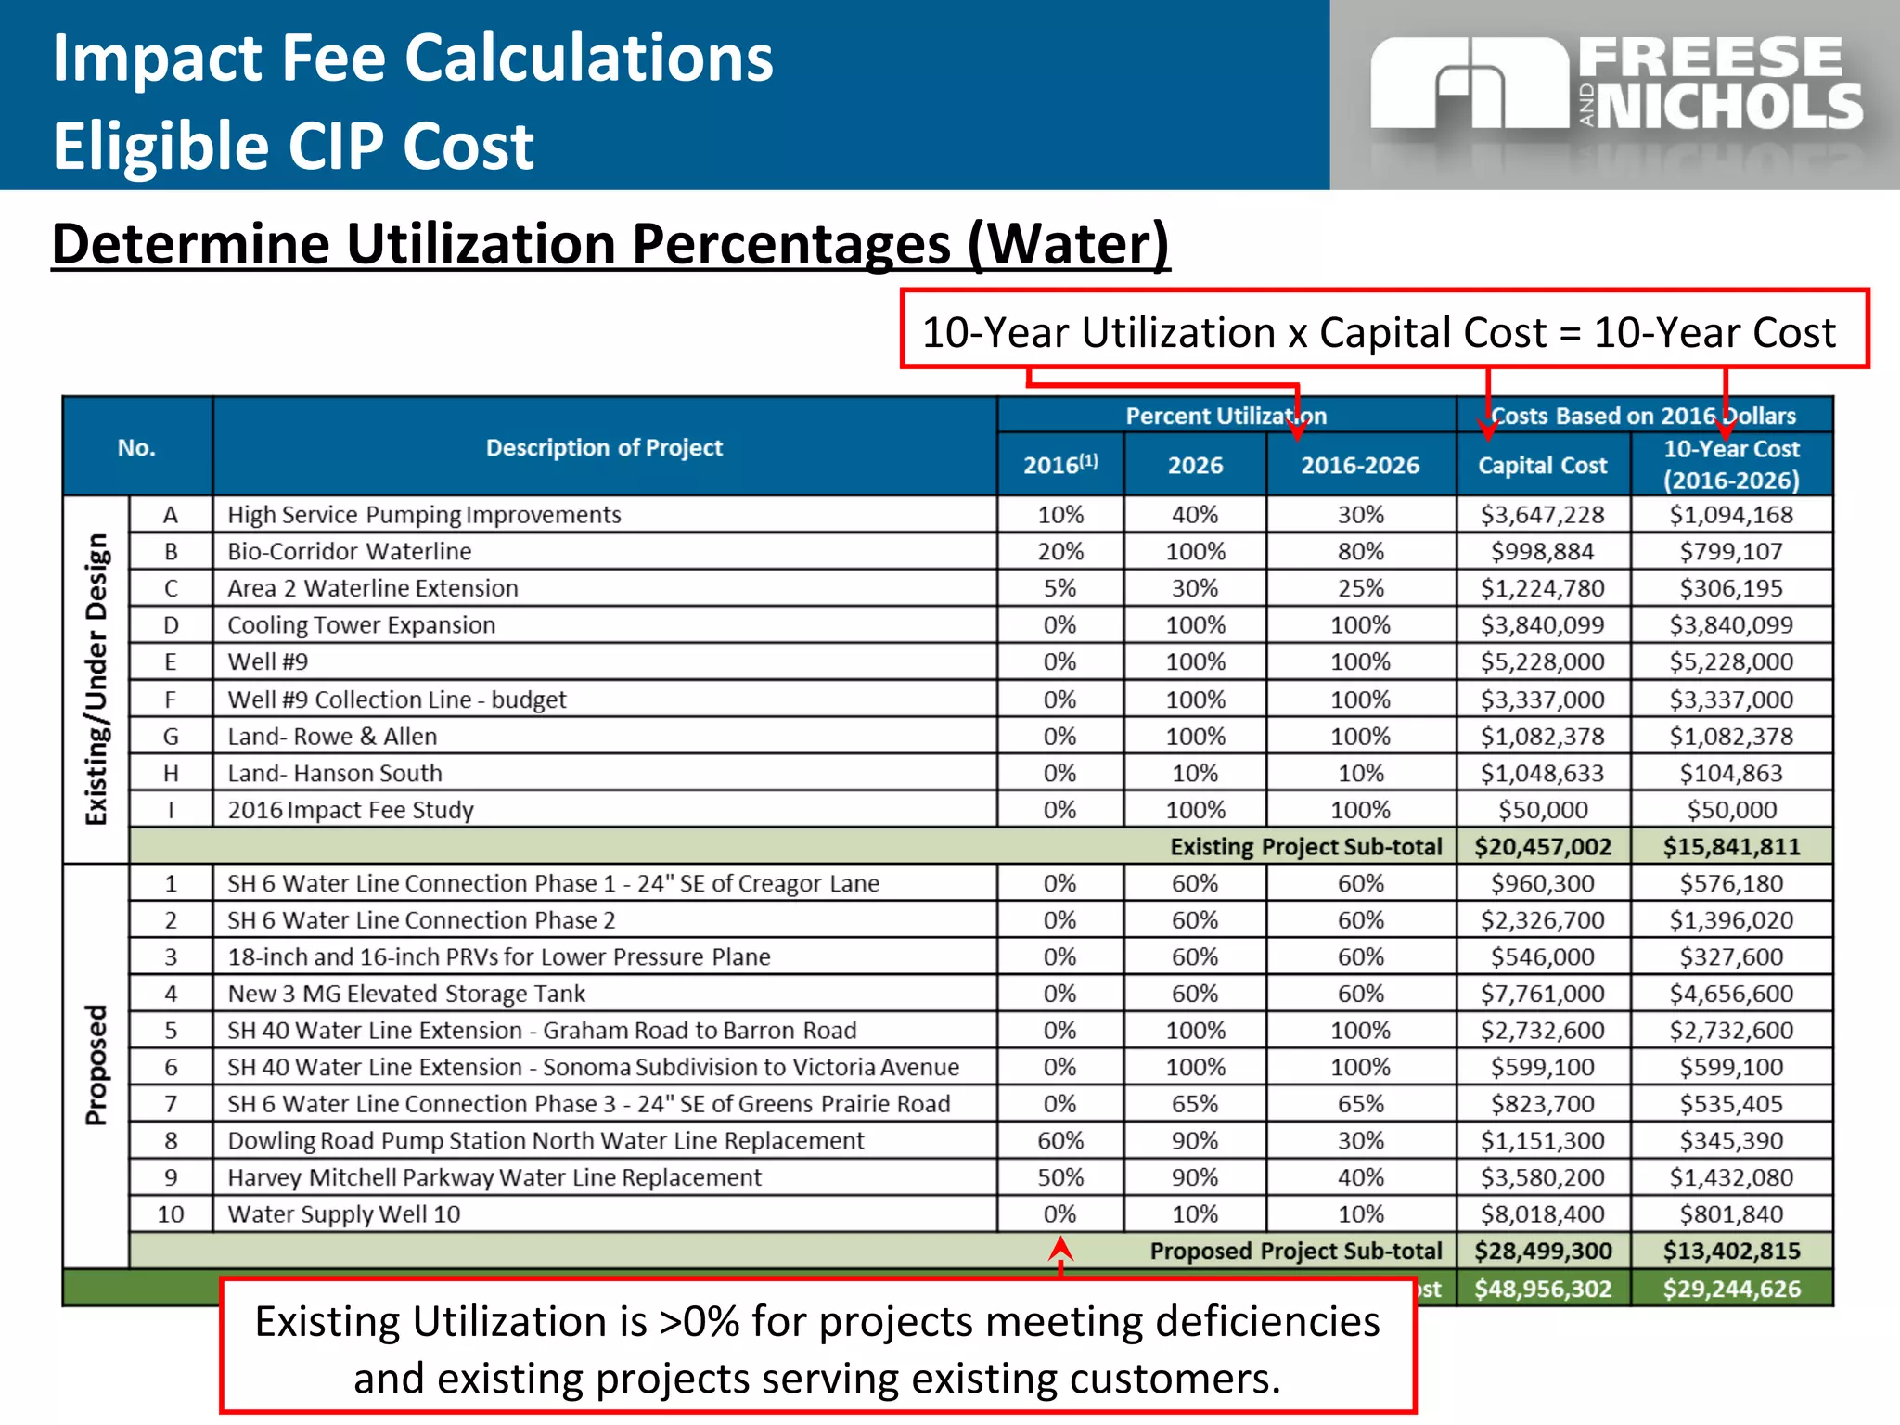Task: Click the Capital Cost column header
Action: [1542, 465]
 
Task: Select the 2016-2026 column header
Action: [1359, 465]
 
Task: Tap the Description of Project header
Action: [604, 447]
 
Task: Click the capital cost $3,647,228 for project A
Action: [1542, 515]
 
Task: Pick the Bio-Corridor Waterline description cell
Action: [350, 552]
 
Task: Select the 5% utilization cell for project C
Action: [1059, 588]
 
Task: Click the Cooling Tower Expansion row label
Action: [362, 625]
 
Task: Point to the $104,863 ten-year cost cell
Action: [1731, 773]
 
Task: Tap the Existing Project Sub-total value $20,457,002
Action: [1543, 846]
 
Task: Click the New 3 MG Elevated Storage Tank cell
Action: [406, 994]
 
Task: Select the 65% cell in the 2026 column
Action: [1194, 1104]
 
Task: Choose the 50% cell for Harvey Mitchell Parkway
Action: [1059, 1177]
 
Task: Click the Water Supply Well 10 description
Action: [344, 1214]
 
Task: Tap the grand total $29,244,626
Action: [1731, 1289]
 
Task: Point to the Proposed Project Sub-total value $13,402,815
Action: [1731, 1251]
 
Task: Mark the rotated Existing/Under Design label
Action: [96, 679]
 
